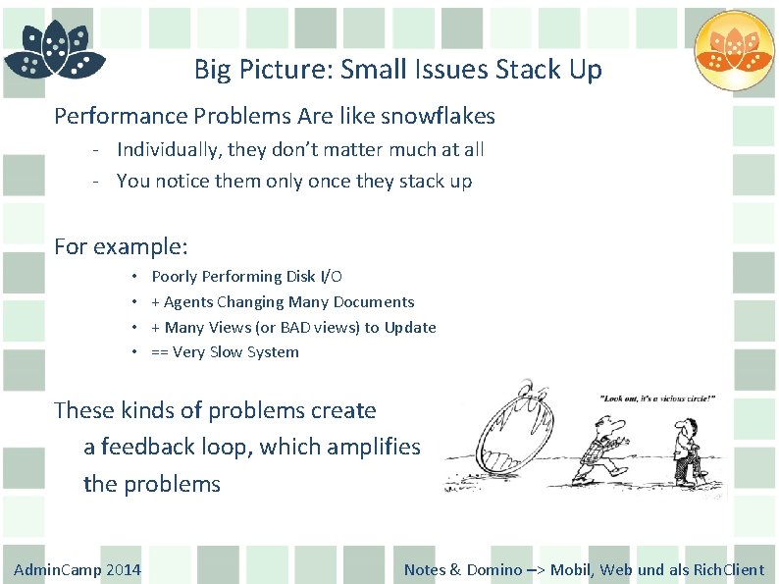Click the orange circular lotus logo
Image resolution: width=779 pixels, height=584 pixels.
point(734,50)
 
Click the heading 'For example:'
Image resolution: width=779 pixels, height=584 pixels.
point(121,246)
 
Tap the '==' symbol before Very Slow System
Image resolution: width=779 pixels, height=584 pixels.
point(159,352)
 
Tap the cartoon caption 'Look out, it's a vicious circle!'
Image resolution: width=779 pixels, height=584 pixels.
point(663,399)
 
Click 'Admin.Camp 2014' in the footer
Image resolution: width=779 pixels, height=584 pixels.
point(78,569)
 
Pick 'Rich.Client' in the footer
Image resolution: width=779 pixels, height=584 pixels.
point(729,569)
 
